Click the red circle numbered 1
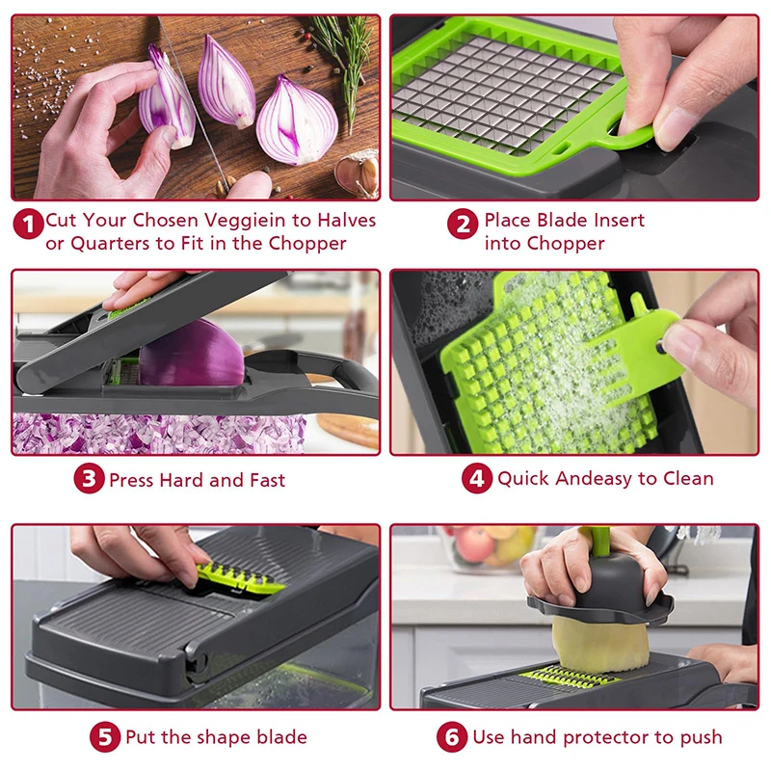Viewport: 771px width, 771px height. click(x=29, y=225)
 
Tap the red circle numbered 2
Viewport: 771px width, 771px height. click(x=464, y=225)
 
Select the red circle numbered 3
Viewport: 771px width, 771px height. click(x=90, y=479)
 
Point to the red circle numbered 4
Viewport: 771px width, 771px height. click(x=477, y=479)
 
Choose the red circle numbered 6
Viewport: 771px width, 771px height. click(x=452, y=737)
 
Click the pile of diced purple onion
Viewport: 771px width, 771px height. click(x=145, y=434)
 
